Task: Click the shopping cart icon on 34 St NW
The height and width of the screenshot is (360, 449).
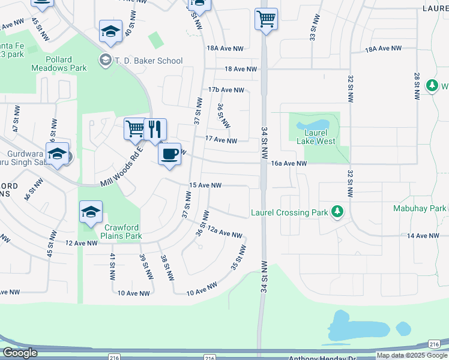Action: tap(265, 19)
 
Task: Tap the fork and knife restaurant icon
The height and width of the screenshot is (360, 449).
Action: tap(155, 129)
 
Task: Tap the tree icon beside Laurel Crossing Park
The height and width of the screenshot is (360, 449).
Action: tap(338, 212)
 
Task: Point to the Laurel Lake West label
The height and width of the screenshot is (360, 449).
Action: tap(315, 137)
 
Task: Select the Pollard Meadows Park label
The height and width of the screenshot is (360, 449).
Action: tap(66, 64)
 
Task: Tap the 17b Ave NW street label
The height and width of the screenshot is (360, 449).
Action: tap(226, 90)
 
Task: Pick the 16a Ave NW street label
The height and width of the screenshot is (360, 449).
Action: tap(289, 163)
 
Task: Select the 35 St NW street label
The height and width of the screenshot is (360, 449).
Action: tap(238, 257)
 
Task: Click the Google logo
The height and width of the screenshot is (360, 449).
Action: tap(20, 353)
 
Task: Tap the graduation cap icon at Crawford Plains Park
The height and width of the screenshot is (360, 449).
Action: tap(90, 212)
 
